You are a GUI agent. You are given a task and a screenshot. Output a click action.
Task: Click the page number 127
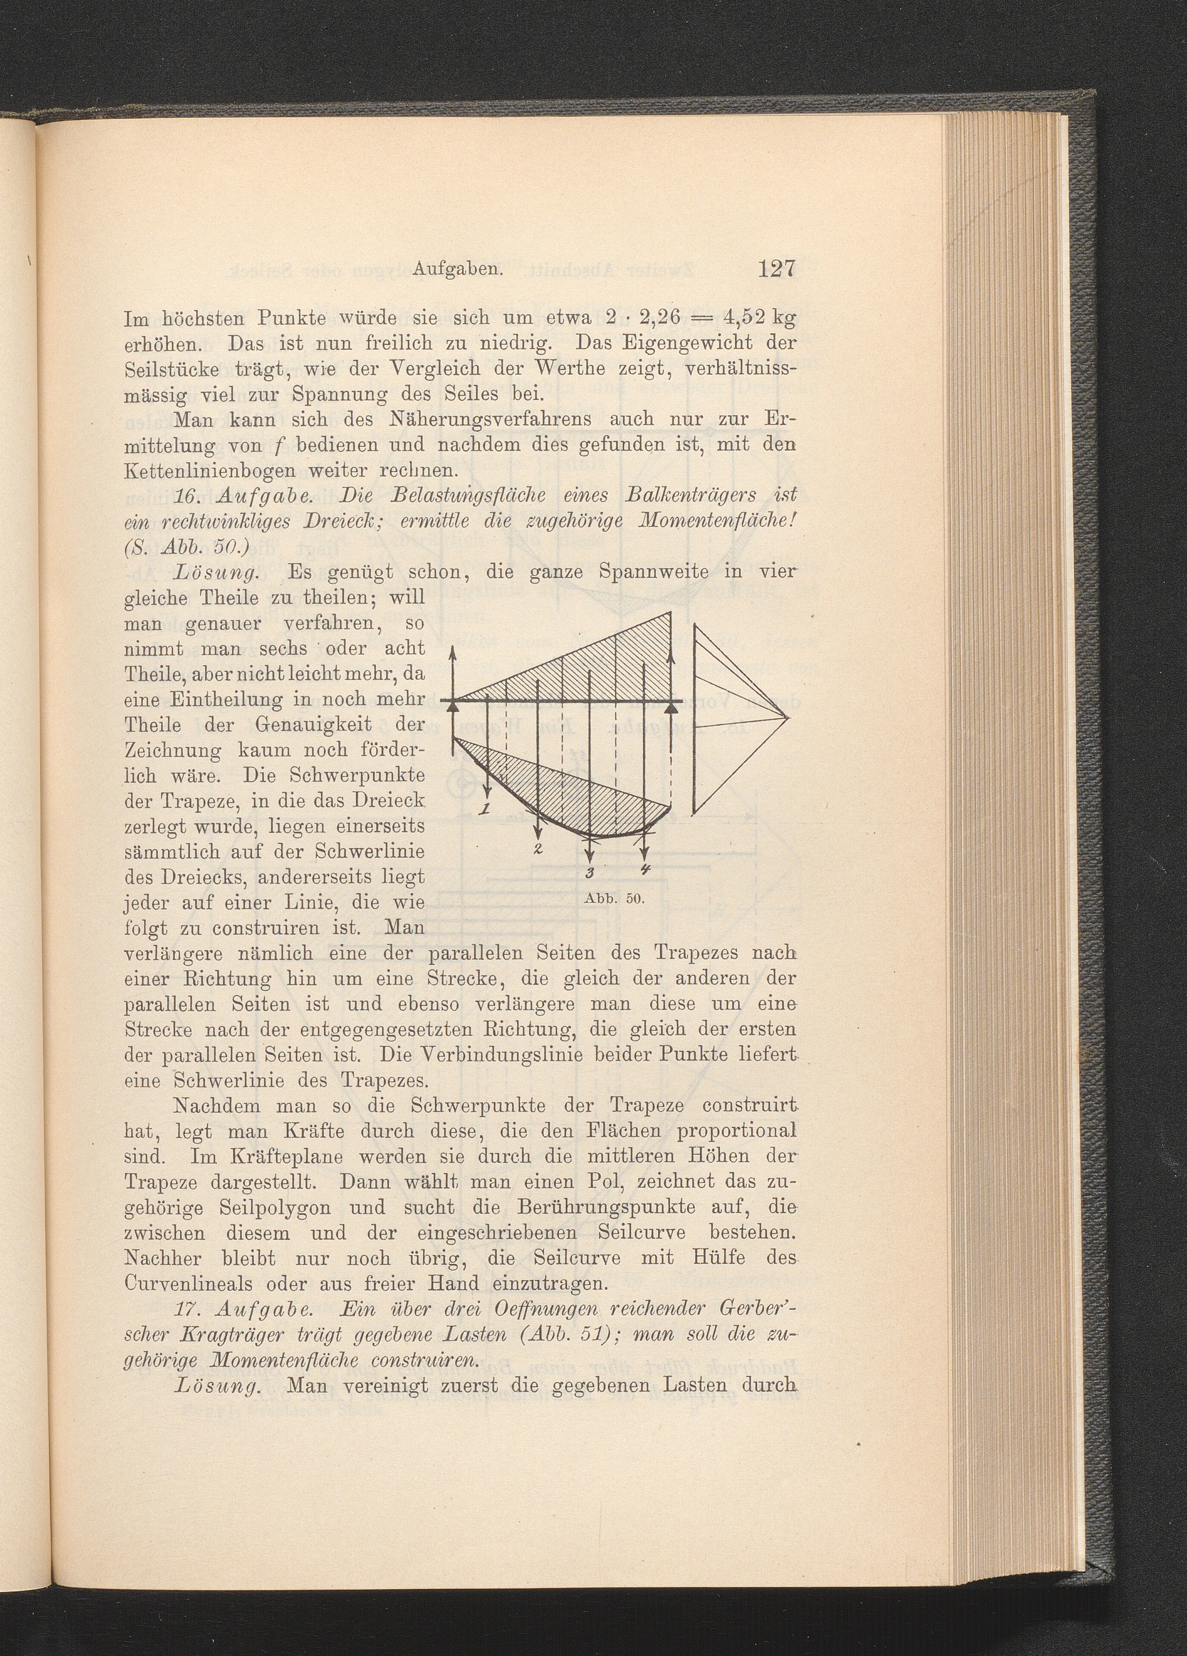point(775,269)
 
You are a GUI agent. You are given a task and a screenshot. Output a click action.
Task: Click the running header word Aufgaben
point(459,270)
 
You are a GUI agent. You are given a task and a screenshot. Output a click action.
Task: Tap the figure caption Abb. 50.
point(614,898)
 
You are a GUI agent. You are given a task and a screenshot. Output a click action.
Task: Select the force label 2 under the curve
point(538,849)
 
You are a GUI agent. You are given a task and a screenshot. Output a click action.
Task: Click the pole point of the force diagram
point(789,719)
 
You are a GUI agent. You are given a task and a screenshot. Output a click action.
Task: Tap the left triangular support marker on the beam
point(453,705)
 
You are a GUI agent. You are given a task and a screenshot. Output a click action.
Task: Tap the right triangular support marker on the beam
point(671,705)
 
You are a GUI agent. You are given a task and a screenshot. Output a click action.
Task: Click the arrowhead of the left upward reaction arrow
point(453,652)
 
